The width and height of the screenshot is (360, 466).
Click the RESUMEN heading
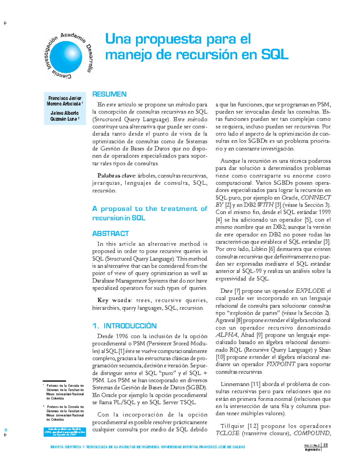coord(109,94)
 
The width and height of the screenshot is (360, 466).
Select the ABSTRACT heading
coord(110,233)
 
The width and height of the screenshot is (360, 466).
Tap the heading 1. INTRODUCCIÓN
coord(124,326)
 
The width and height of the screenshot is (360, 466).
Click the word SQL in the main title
coord(274,55)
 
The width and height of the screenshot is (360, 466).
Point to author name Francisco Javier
coord(65,98)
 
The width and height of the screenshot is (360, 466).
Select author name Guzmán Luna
coord(63,119)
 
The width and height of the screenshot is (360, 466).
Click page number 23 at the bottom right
coord(325,445)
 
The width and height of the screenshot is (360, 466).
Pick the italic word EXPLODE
coord(310,291)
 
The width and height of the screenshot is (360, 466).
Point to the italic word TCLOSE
coord(227,433)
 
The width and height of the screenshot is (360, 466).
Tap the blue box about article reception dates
coord(65,432)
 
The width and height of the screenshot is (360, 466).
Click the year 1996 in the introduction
coord(121,336)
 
